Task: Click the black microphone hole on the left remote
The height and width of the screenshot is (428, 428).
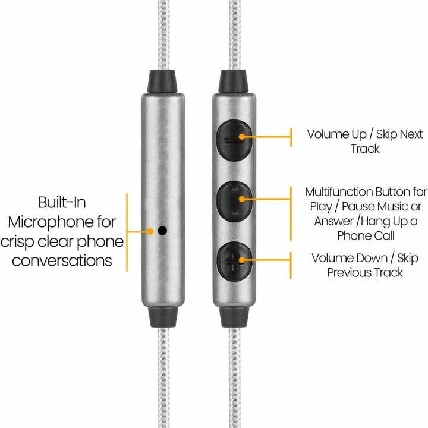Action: click(162, 231)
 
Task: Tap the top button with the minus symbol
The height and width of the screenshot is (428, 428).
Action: click(234, 140)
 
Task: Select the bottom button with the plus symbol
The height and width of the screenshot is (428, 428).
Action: click(234, 262)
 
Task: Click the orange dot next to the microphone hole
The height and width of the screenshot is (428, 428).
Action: click(150, 231)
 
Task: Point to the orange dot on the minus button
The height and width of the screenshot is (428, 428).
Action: click(241, 137)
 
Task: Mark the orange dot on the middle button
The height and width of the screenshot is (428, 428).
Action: click(241, 199)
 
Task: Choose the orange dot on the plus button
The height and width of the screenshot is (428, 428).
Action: click(241, 260)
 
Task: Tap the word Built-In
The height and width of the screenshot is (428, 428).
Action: click(62, 202)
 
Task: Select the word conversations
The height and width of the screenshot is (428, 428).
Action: click(62, 260)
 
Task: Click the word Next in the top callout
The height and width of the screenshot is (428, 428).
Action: click(411, 134)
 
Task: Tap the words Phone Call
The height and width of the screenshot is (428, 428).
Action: click(366, 236)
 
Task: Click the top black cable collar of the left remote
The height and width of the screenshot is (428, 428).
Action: click(162, 81)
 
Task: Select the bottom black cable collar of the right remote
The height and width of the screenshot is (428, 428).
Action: click(234, 317)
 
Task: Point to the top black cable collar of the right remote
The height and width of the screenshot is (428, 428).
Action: click(234, 81)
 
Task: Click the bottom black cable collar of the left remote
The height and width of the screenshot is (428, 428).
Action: click(163, 317)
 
